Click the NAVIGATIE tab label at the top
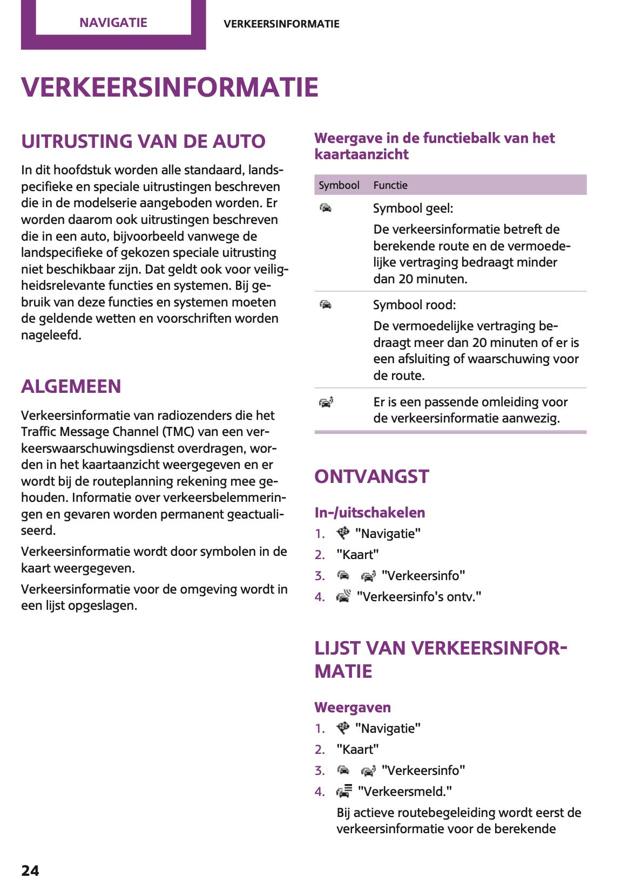113,23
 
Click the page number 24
30,870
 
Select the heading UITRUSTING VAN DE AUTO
143,141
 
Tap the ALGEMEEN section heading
71,386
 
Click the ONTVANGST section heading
371,476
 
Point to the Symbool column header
339,185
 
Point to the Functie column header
390,185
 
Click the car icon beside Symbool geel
326,208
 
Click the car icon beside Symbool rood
326,305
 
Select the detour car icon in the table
326,402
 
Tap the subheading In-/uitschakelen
370,513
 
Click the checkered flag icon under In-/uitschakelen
343,533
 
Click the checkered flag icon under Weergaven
343,728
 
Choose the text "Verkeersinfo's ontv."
419,597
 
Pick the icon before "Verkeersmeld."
344,791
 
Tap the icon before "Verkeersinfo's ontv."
343,596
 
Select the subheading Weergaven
353,707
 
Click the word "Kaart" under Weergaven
357,750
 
